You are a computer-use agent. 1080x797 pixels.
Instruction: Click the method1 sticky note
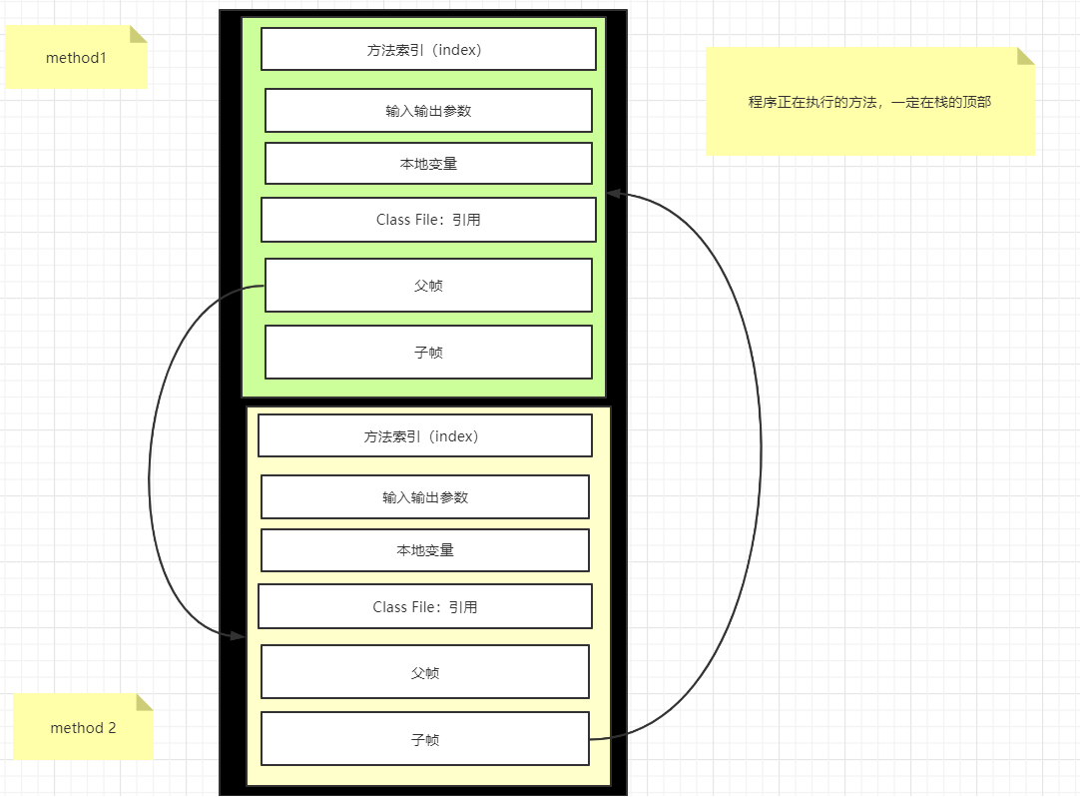tap(76, 58)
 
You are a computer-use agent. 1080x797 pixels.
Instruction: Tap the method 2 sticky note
tap(83, 728)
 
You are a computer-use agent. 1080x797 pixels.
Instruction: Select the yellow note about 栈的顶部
tap(869, 102)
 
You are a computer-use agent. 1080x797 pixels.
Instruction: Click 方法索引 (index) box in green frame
tap(428, 49)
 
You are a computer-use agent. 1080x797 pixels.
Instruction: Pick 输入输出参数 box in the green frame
tap(428, 110)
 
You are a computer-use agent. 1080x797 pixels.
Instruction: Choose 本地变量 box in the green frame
tap(428, 164)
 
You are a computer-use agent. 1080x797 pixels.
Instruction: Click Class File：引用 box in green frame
tap(428, 220)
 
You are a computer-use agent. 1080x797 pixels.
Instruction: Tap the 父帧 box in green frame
tap(428, 286)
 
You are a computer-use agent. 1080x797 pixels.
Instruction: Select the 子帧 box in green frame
tap(428, 353)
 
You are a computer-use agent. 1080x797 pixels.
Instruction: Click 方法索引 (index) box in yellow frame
tap(424, 435)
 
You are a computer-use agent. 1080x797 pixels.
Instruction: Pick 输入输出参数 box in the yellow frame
tap(424, 496)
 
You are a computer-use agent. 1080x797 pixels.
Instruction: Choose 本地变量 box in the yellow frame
tap(424, 550)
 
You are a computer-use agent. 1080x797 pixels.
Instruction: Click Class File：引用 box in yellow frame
tap(424, 606)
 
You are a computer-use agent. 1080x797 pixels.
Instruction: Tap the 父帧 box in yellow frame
tap(424, 672)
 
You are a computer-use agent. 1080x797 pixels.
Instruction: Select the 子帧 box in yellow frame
tap(424, 739)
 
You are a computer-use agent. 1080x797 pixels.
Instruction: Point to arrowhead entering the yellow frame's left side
tap(239, 635)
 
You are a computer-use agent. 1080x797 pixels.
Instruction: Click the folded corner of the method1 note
tap(139, 34)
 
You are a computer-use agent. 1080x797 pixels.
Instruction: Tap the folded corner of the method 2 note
tap(145, 701)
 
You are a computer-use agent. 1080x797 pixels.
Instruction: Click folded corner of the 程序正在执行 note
tap(1026, 56)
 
